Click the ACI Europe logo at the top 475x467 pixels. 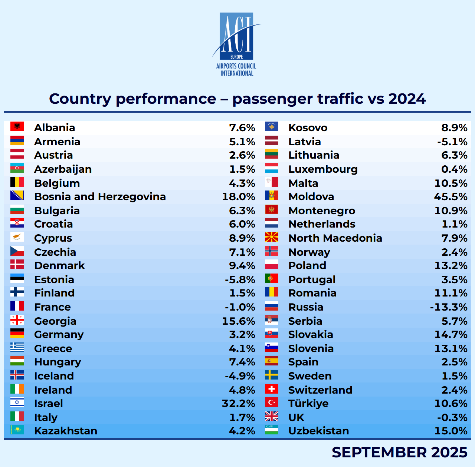click(x=236, y=44)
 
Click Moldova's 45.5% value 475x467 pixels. click(x=451, y=197)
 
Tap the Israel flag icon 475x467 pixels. click(x=17, y=403)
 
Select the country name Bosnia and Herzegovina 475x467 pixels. click(x=100, y=197)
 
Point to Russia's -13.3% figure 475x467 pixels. click(x=448, y=307)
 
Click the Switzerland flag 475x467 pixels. click(x=272, y=389)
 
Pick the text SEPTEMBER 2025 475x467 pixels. click(x=399, y=452)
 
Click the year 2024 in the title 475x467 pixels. click(x=407, y=99)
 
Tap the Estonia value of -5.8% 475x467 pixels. click(x=240, y=280)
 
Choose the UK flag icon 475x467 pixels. click(x=272, y=417)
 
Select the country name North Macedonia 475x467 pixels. click(x=335, y=238)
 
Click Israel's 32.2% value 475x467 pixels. click(x=238, y=404)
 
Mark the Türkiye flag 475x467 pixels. click(x=272, y=403)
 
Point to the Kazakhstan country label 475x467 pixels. click(x=66, y=431)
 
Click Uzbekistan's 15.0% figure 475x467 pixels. click(x=451, y=431)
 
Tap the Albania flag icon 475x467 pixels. click(x=17, y=127)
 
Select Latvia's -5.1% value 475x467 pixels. click(x=452, y=142)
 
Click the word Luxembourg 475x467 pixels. click(x=323, y=169)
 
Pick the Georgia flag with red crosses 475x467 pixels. click(x=17, y=320)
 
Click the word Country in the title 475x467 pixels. click(x=80, y=99)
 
